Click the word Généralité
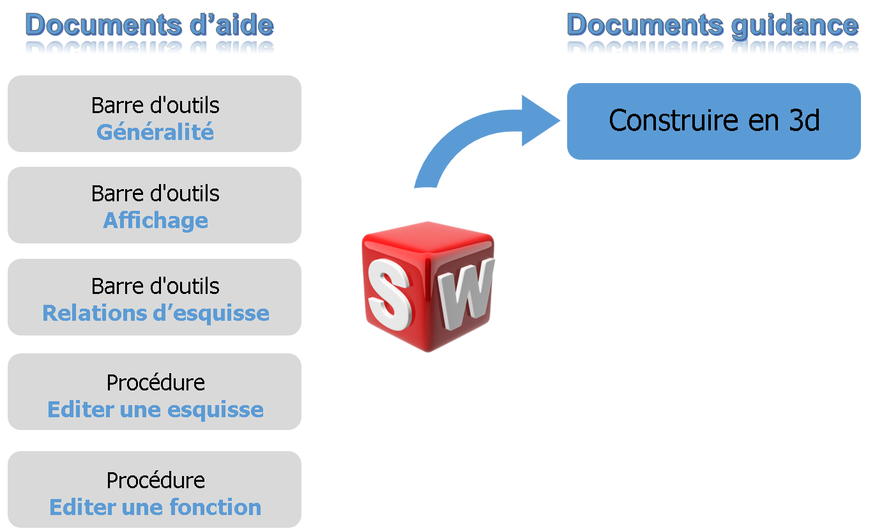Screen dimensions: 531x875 coord(155,132)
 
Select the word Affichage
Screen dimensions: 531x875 coord(155,220)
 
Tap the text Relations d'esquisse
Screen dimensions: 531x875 coord(155,313)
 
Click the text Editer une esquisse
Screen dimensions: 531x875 coord(155,410)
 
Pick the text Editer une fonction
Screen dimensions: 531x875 coord(155,507)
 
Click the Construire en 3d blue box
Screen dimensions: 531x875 coord(713,121)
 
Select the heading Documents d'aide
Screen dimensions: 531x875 coord(149,25)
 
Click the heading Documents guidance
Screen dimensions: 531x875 coord(712,25)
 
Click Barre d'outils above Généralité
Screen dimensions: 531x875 coord(155,105)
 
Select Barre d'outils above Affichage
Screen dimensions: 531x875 coord(155,193)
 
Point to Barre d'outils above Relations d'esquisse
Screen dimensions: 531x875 coord(155,286)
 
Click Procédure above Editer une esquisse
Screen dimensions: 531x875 coord(155,382)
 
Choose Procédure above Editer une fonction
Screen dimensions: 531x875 coord(155,480)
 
